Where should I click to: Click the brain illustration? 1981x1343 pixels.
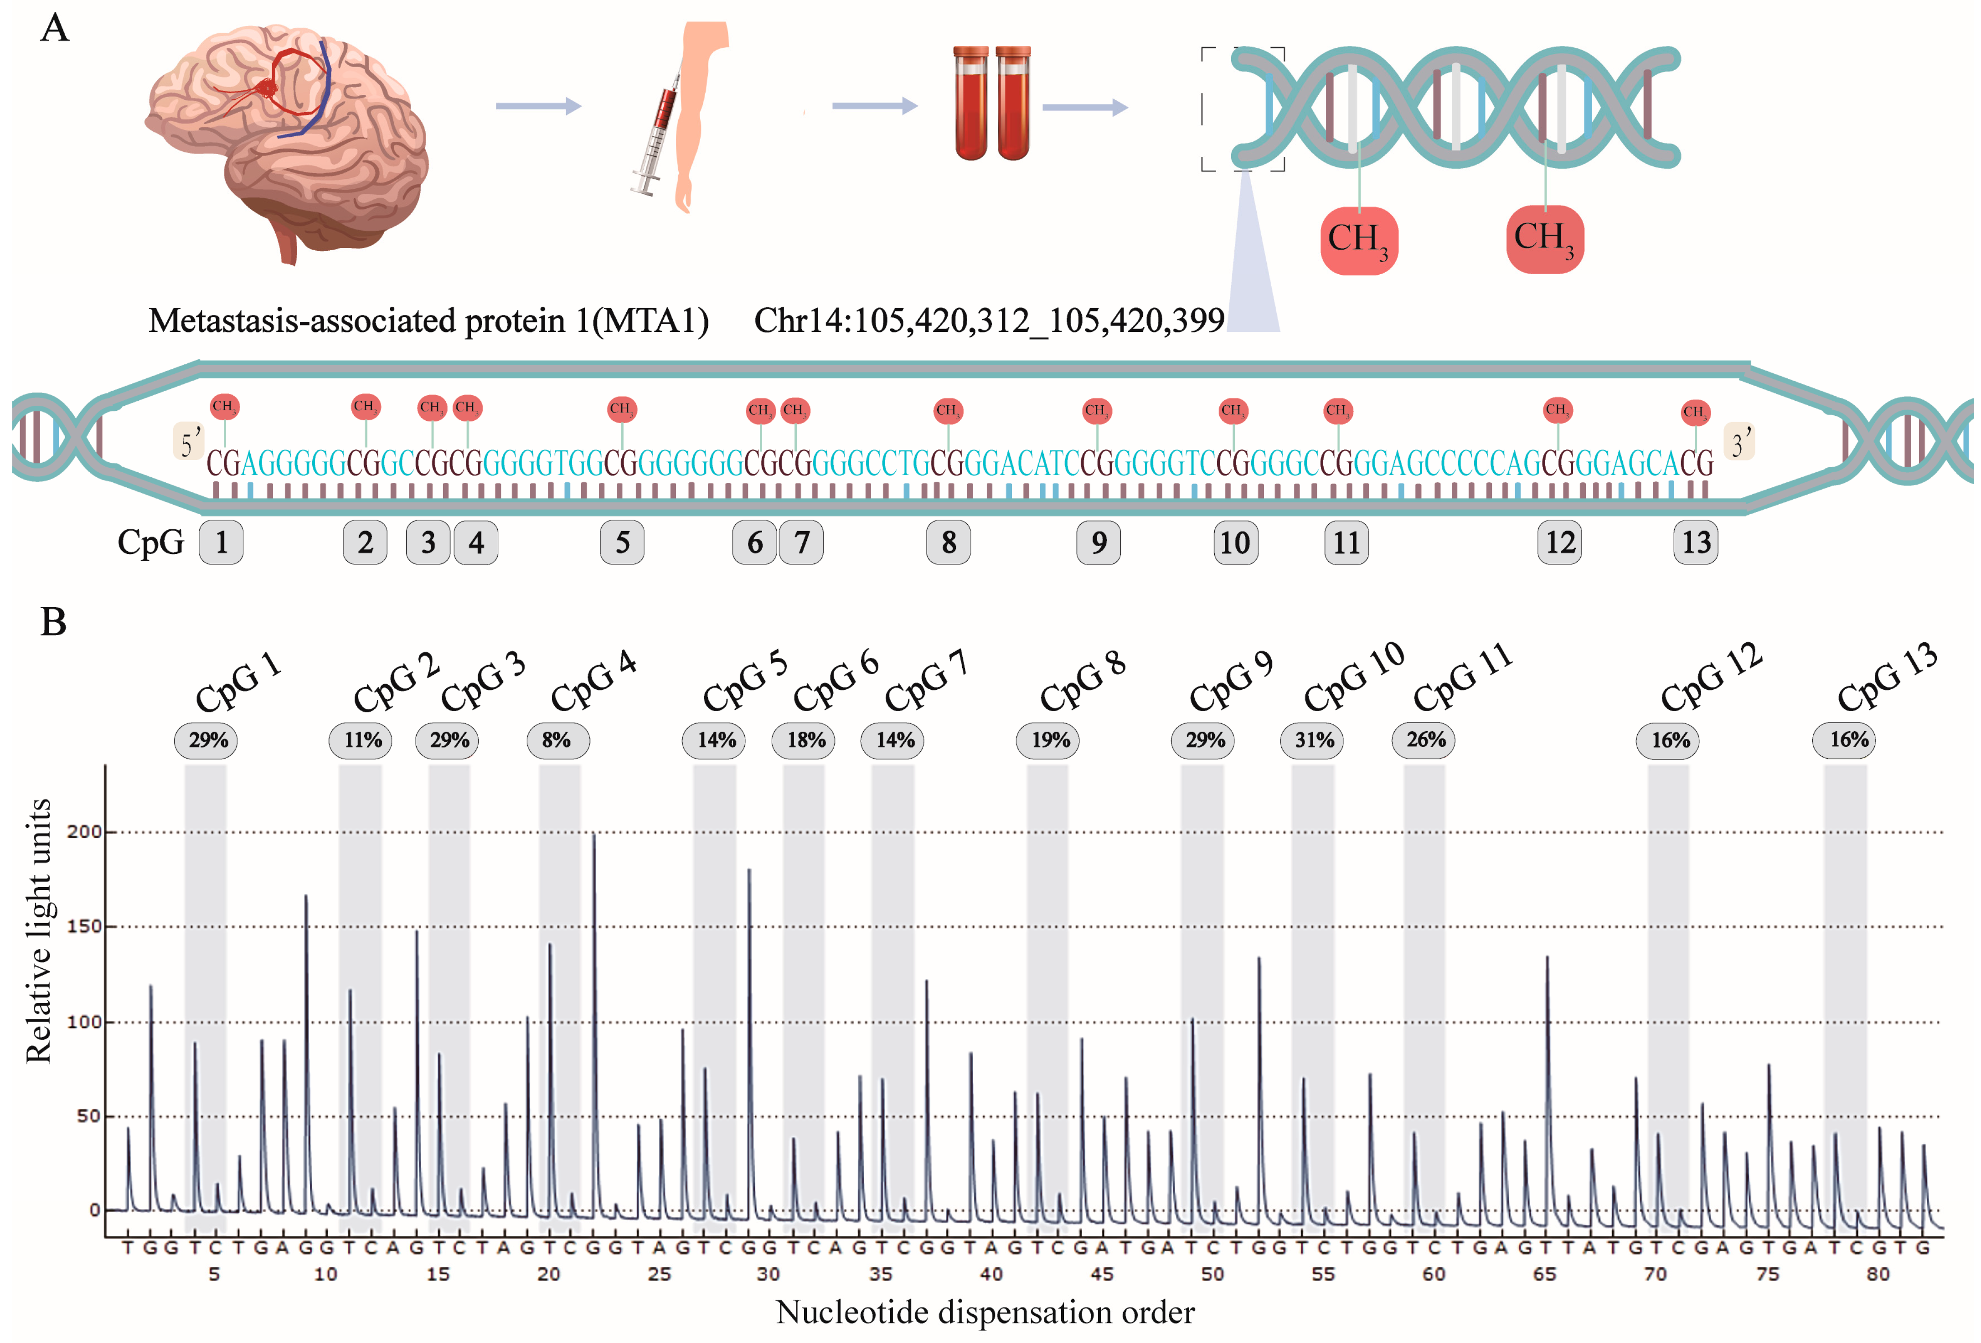pos(285,141)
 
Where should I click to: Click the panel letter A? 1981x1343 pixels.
pos(55,28)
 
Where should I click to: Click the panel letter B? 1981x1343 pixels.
pos(53,622)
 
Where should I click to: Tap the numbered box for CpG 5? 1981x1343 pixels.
pos(622,542)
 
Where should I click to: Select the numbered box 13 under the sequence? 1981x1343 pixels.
pos(1696,542)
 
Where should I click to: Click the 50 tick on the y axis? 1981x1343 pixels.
pos(88,1116)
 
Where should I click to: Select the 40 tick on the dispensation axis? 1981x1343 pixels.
pos(990,1274)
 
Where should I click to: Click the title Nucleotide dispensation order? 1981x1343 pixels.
pos(985,1312)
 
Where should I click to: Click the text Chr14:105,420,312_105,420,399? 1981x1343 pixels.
pos(989,320)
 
